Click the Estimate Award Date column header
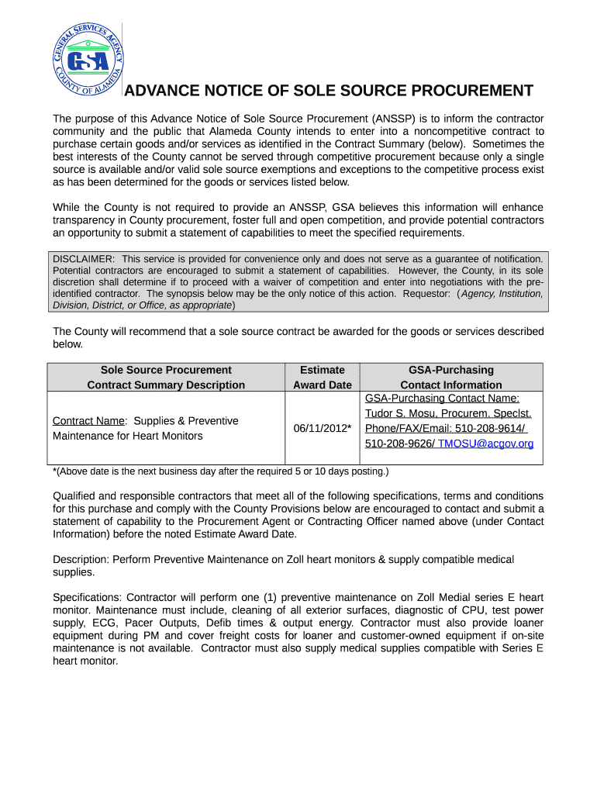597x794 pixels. pos(322,378)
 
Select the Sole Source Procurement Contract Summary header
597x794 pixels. pos(166,378)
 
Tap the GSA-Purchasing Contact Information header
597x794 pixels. pos(450,378)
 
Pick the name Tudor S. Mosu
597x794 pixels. pos(401,414)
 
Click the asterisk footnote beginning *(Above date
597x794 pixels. pos(220,471)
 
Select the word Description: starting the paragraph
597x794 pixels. pos(81,559)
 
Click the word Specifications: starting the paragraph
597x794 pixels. pos(88,598)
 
